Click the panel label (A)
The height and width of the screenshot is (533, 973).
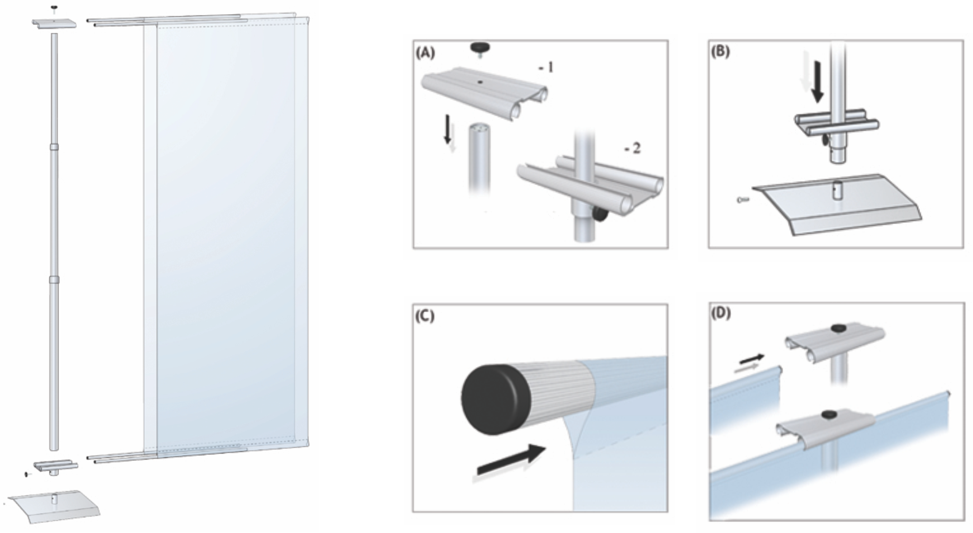click(425, 53)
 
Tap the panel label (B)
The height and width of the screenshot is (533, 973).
click(720, 52)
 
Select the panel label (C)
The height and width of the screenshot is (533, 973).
click(425, 316)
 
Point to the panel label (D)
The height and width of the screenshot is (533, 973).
click(721, 314)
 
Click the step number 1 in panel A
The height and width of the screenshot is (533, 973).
click(546, 68)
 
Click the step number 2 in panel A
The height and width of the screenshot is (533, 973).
click(633, 148)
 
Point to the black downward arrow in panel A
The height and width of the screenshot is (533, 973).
click(448, 129)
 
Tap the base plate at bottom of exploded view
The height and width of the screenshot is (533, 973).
click(54, 507)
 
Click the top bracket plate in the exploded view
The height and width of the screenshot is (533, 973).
click(54, 23)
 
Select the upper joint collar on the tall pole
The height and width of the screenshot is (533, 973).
click(54, 147)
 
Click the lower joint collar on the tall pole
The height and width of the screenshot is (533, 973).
click(54, 280)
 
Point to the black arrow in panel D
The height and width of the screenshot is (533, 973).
click(752, 359)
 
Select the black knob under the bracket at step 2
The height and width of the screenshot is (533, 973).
click(599, 215)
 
